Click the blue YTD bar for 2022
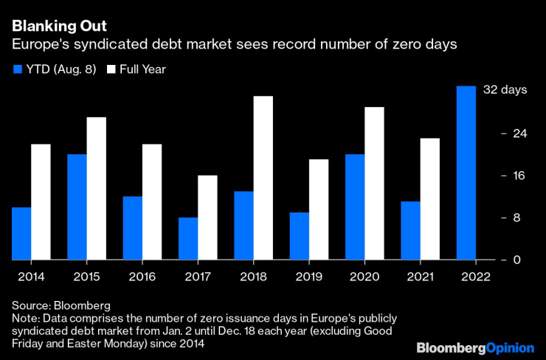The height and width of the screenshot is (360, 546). tap(466, 173)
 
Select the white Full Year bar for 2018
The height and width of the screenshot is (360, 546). tap(263, 178)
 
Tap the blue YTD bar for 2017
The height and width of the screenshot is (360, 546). tap(188, 238)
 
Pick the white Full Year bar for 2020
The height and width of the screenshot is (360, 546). tap(374, 184)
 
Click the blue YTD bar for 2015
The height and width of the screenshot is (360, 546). tap(77, 207)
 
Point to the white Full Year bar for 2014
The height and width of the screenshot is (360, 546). tap(41, 201)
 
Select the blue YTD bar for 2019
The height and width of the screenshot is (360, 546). tap(299, 236)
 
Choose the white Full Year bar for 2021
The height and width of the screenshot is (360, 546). tap(429, 199)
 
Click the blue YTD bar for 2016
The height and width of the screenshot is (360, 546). tap(132, 228)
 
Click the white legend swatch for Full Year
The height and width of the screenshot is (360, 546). tap(111, 69)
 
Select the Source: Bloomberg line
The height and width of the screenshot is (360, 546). tap(61, 305)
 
